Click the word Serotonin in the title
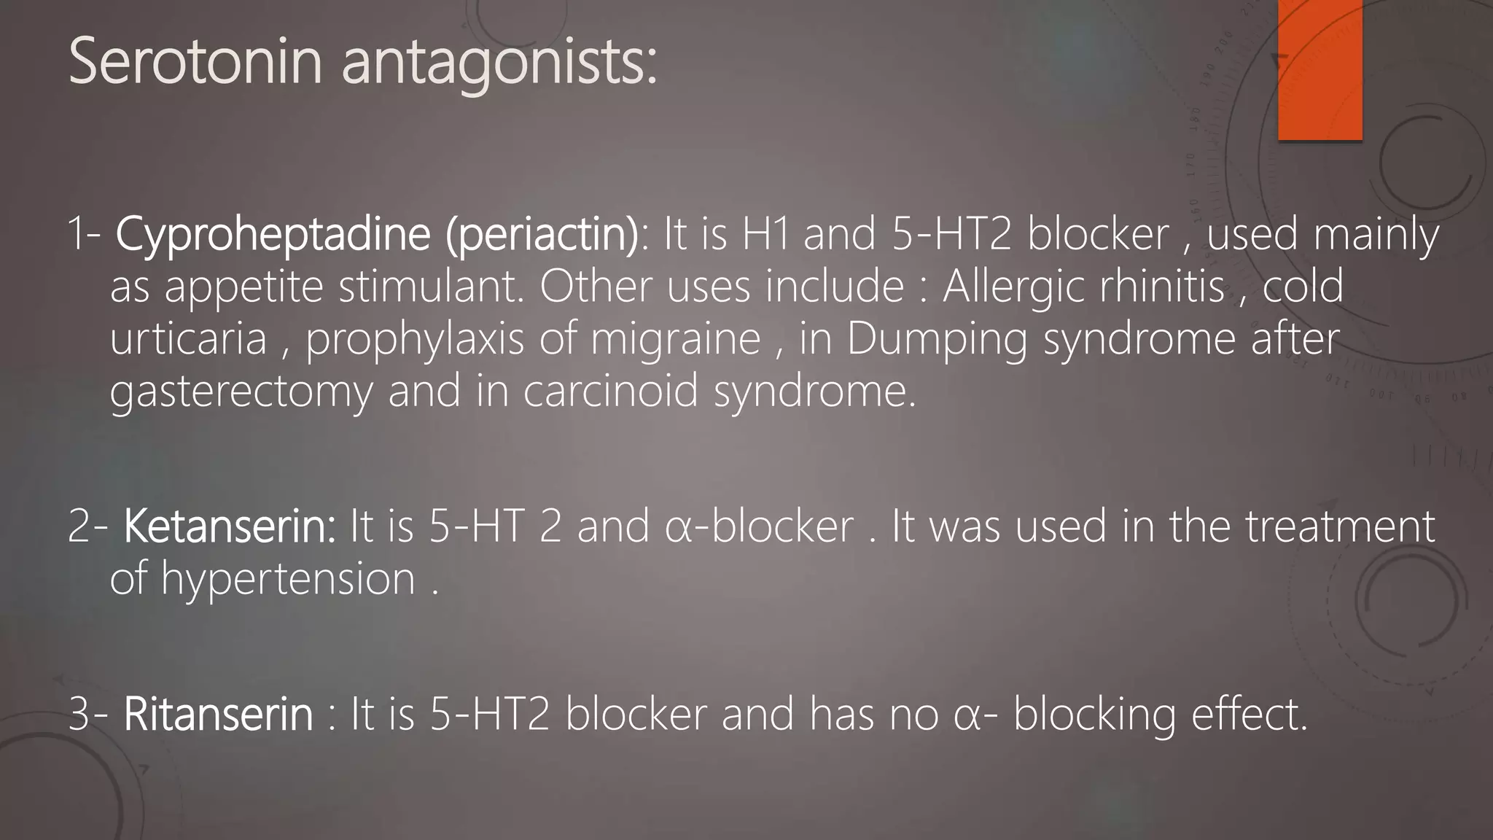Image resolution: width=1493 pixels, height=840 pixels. (x=195, y=62)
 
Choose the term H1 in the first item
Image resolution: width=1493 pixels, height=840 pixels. (x=765, y=234)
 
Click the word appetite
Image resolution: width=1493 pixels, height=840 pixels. (x=243, y=287)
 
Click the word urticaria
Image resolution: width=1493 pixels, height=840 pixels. (x=189, y=339)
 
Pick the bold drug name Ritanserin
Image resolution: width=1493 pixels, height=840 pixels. (x=219, y=714)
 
